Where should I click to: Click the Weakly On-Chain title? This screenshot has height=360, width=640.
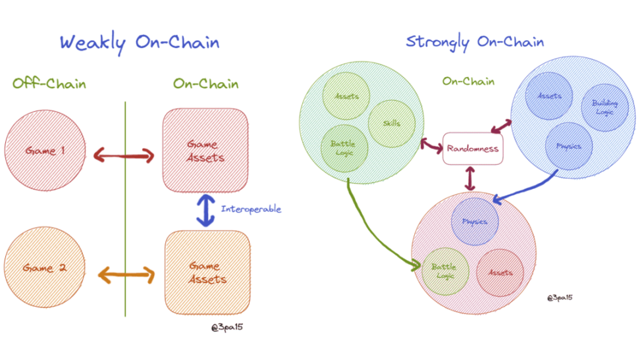pos(139,43)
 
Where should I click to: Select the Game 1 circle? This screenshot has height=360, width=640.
pos(45,151)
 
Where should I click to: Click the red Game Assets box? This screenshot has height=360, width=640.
pos(206,151)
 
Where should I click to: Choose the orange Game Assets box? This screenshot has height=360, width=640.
pos(207,272)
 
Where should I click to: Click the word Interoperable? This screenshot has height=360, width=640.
pos(251,209)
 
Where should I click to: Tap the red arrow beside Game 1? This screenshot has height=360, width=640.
pos(124,156)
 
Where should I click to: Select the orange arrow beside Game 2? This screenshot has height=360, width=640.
pos(124,274)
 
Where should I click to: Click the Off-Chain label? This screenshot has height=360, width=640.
pos(49,84)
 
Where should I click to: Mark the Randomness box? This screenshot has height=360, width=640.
pos(472,148)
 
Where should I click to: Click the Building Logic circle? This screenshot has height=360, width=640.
pos(604,108)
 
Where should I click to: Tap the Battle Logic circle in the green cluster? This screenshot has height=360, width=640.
pos(343,147)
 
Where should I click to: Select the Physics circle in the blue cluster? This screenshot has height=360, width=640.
pos(569,145)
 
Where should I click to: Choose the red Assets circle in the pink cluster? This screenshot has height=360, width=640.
pos(500,272)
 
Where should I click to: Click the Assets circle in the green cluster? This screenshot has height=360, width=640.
pos(346,97)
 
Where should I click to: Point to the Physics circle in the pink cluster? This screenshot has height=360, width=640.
pos(474,221)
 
